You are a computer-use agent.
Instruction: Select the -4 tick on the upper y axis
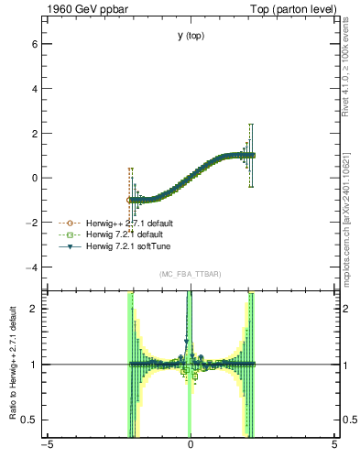31,267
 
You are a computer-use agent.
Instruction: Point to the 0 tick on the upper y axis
34,178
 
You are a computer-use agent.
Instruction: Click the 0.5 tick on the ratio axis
28,420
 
